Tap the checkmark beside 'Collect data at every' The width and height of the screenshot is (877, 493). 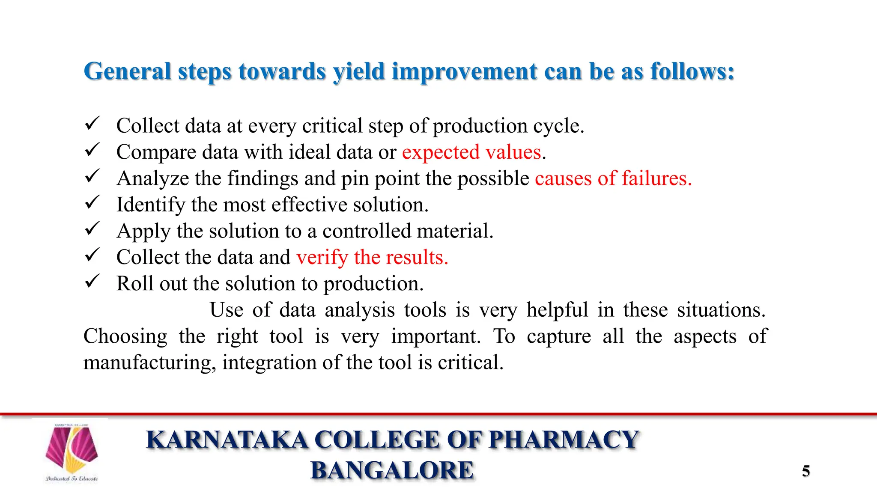coord(92,124)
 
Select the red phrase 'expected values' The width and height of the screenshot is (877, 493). coord(471,152)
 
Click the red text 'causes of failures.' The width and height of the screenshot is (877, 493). coord(613,178)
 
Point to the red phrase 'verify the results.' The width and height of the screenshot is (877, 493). coord(372,257)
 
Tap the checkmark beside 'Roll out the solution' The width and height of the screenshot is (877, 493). coord(92,281)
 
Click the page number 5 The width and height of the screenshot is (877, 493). coord(805,471)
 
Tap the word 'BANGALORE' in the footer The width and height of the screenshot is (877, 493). coord(392,470)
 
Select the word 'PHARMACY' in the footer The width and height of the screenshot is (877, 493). coord(564,440)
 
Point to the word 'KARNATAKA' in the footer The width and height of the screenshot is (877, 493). coord(227,440)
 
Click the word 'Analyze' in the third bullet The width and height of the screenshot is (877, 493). coord(153,178)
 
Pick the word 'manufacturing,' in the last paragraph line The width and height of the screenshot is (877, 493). coord(150,363)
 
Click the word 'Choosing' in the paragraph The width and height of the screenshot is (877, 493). coord(125,336)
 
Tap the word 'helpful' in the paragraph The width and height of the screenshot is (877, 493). coord(557,310)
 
